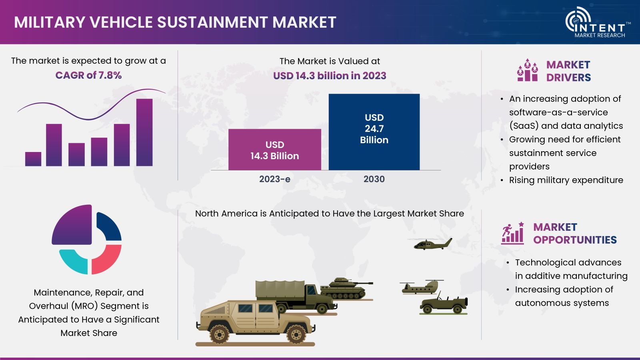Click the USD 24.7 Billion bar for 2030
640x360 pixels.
(374, 132)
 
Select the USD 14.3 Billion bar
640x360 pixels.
(274, 150)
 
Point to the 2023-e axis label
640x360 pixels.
(274, 179)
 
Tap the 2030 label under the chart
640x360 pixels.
(374, 179)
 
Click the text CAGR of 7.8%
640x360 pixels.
(88, 76)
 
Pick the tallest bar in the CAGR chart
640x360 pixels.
(144, 132)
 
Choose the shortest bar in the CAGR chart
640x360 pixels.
(33, 159)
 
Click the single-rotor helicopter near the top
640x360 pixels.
(432, 244)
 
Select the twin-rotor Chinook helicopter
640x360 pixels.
(422, 287)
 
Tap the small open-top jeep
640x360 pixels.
(444, 304)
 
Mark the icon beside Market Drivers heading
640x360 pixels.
(528, 70)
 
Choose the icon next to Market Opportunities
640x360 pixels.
(513, 233)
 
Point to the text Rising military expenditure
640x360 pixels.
(566, 180)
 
